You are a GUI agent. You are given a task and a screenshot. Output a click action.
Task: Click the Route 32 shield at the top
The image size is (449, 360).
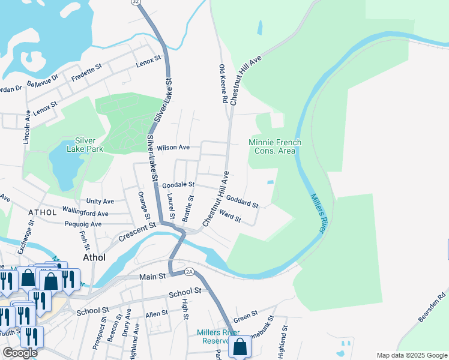click(x=135, y=2)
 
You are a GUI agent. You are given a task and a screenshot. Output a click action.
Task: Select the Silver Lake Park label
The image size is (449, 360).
click(x=85, y=145)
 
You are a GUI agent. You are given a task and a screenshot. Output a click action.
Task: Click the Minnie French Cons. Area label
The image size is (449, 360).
click(x=275, y=146)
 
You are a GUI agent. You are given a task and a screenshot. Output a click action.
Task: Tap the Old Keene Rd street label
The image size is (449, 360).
click(x=223, y=83)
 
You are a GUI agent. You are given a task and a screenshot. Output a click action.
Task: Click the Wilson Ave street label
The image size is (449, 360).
click(x=173, y=147)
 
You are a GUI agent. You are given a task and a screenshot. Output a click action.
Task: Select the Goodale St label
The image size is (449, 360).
click(x=179, y=185)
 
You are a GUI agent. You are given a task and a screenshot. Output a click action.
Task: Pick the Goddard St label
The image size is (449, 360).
click(x=242, y=200)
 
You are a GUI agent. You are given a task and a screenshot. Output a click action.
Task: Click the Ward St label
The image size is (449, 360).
click(x=230, y=216)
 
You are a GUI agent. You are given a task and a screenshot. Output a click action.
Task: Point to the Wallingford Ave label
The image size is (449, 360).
click(x=85, y=213)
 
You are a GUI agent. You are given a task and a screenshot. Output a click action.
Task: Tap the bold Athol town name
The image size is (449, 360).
click(x=93, y=258)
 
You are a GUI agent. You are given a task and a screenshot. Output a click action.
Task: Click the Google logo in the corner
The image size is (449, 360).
click(x=20, y=353)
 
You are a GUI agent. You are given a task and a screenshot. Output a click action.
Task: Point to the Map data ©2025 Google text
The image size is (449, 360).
click(x=411, y=355)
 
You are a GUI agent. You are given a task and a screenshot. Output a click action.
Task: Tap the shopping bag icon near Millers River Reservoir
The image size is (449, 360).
click(x=240, y=347)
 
